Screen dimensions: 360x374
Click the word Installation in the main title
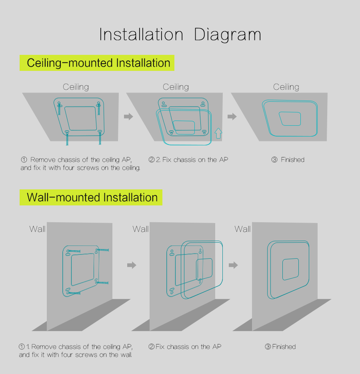[x=141, y=34]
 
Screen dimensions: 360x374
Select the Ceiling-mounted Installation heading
[x=98, y=63]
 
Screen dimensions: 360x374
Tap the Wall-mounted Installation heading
[x=92, y=197]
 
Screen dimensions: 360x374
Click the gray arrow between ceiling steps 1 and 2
[x=128, y=117]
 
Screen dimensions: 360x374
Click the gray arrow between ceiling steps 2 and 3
[x=232, y=117]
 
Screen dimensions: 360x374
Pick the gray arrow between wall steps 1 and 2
[x=132, y=265]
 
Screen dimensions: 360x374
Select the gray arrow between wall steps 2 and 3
[x=233, y=265]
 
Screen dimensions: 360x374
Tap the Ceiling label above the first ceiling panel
[x=76, y=87]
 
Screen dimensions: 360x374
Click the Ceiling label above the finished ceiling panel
[x=286, y=87]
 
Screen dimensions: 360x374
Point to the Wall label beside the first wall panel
[x=37, y=229]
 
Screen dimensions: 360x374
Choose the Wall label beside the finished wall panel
[x=242, y=229]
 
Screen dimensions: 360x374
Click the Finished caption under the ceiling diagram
[x=292, y=159]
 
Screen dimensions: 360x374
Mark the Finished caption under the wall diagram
[x=284, y=346]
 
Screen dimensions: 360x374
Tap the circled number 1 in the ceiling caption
[x=24, y=159]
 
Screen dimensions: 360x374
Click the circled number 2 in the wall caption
[x=151, y=346]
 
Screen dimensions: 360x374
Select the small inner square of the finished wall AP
[x=290, y=269]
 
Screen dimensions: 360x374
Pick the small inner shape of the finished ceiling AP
[x=290, y=119]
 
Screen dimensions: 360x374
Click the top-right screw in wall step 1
[x=102, y=250]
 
